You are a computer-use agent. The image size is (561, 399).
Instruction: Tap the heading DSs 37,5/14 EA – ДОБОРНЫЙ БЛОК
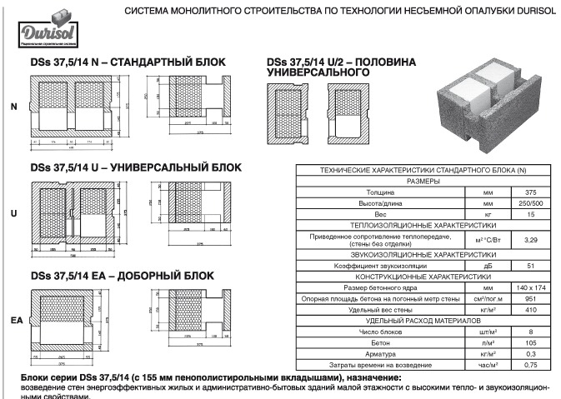117,275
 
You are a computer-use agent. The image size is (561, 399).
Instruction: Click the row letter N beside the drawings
13,107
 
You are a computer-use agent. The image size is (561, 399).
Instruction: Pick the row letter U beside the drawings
13,214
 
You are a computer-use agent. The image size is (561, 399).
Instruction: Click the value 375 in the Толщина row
524,192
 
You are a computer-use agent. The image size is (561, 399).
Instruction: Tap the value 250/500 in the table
524,203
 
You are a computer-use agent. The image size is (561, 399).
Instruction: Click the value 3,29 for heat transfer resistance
524,239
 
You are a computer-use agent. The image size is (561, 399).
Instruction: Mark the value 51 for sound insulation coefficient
524,265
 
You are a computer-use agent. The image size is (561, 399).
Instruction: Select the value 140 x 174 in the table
524,287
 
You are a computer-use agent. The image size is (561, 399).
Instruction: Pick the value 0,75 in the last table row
524,365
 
